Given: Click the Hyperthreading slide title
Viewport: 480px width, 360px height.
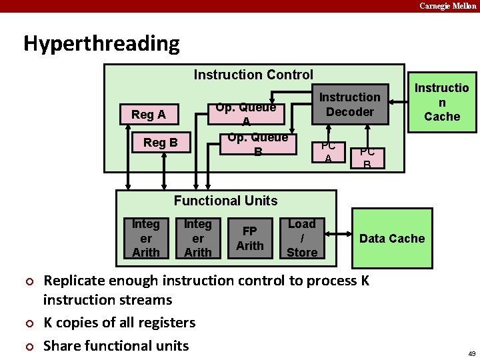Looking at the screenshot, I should coord(101,43).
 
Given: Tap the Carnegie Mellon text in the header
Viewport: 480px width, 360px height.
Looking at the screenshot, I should coord(447,6).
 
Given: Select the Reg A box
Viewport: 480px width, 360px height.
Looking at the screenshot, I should coord(148,115).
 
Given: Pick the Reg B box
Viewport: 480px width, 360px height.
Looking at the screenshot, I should coord(160,142).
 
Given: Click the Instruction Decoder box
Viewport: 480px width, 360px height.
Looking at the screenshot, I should coord(350,105).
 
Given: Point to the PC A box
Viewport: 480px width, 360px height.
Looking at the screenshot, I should coord(328,152).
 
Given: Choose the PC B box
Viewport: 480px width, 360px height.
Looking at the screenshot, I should coord(367,157).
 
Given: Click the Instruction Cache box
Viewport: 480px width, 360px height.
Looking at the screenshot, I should coord(442,101).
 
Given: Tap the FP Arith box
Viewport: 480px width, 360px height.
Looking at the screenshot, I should coord(250,238).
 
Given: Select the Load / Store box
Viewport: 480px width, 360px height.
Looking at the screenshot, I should coord(302,238).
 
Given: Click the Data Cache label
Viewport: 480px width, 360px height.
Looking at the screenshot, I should coord(392,239).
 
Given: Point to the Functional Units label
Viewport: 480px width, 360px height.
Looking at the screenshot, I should coord(225,201).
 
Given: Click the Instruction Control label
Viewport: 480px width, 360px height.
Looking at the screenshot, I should coord(253,75).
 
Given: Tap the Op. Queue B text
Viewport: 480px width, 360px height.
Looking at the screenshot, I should coord(257,144).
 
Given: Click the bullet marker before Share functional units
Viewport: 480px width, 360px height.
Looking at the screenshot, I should coord(29,346).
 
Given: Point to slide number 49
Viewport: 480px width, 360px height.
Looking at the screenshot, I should coord(471,353).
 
